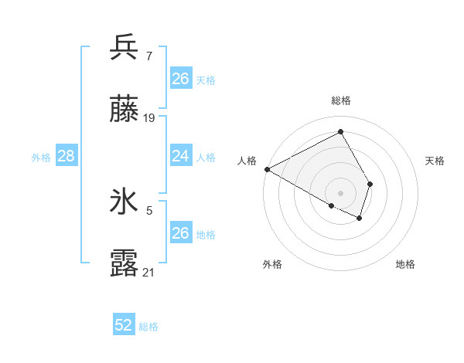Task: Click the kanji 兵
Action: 125,47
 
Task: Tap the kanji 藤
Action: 125,109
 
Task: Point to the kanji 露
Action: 125,263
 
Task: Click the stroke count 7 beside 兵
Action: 148,56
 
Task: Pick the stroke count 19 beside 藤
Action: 149,118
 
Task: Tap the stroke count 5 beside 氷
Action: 149,209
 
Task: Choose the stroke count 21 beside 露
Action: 149,272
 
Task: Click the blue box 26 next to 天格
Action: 180,79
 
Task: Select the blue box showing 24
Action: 180,156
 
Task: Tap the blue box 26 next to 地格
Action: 180,233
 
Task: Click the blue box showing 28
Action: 67,156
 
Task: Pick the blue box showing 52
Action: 124,325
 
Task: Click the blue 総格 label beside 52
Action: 148,327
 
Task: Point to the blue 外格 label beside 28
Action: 41,158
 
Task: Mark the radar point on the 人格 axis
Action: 267,168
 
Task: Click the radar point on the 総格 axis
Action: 340,132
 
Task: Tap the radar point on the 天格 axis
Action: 370,184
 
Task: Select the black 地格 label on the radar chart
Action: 405,265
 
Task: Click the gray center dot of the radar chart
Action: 340,192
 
